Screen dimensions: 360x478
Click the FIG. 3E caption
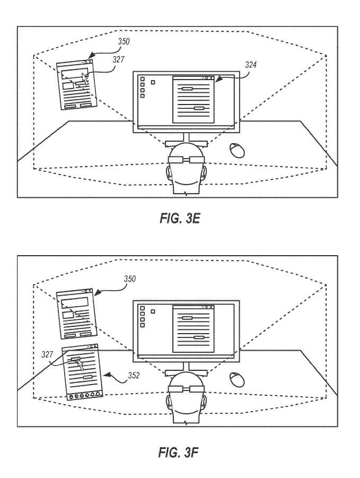tap(180, 219)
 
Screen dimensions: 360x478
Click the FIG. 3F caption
tap(179, 453)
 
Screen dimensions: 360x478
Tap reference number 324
tap(251, 64)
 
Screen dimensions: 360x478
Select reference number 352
tap(134, 375)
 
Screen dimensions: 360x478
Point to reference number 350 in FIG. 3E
tap(124, 41)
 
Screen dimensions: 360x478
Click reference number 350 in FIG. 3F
tap(129, 279)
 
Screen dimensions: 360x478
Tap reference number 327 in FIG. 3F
tap(47, 354)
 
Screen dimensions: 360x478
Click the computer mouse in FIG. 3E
tap(236, 150)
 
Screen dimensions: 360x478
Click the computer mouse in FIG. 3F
tap(236, 379)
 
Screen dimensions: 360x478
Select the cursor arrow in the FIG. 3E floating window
tap(85, 79)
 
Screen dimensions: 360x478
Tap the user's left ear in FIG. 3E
tap(169, 172)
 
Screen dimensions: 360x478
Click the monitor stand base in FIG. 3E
tap(186, 143)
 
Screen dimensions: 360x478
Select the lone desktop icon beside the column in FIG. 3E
tap(153, 82)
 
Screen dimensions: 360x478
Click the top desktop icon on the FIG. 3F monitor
tap(143, 308)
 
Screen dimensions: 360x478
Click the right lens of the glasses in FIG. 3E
tap(196, 160)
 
